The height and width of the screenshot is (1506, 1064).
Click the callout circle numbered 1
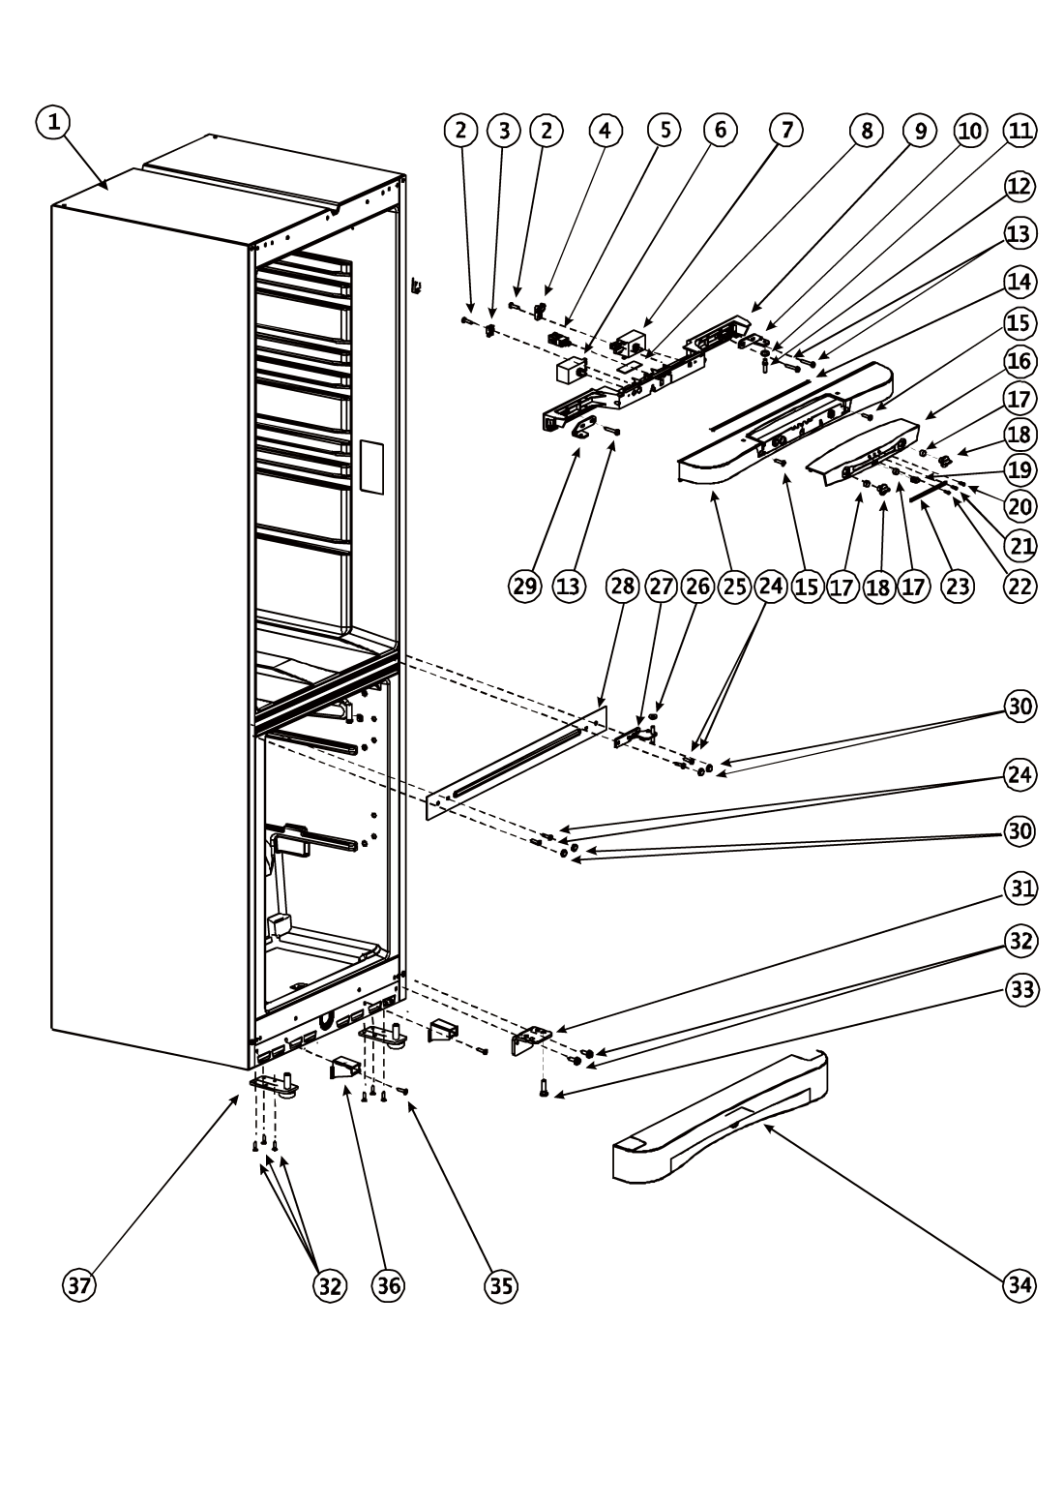[x=54, y=122]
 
